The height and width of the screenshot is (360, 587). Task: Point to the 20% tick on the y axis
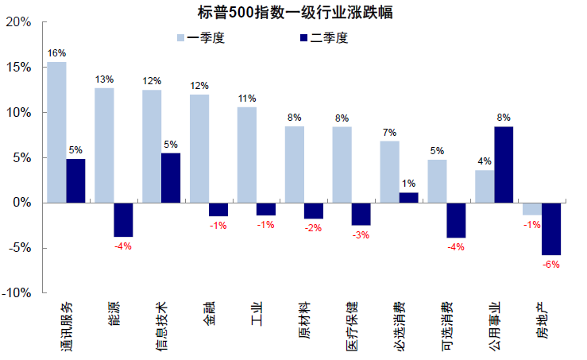18,22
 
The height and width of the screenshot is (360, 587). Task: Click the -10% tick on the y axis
17,293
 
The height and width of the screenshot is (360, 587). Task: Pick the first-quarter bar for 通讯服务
56,132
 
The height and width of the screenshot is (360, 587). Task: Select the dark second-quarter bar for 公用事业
504,165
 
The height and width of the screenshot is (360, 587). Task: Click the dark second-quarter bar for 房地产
551,229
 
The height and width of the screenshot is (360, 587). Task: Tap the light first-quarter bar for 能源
104,145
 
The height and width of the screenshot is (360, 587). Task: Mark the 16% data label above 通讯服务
56,53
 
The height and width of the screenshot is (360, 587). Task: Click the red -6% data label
551,265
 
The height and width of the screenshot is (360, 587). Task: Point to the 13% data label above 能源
104,79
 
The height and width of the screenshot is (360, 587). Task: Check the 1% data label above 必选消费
408,184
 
